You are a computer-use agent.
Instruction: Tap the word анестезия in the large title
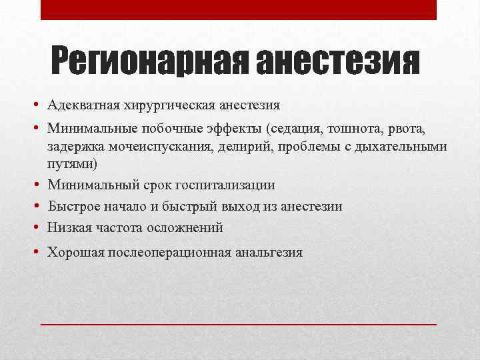(338, 63)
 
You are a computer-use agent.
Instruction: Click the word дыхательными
(405, 147)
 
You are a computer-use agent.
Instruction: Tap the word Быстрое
(74, 206)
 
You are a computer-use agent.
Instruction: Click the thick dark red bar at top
(239, 9)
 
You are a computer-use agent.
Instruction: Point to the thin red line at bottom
(239, 323)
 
